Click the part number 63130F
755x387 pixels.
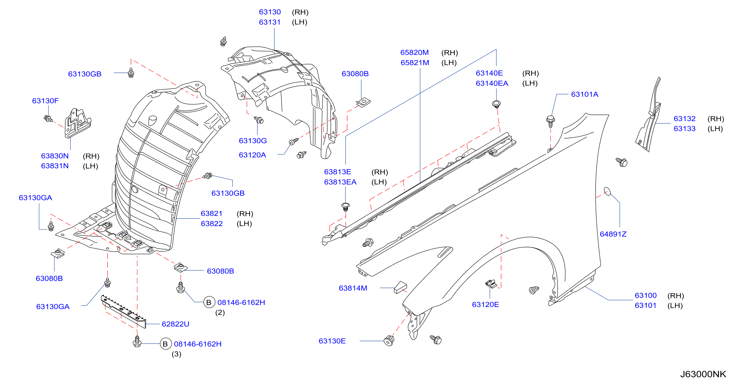[x=45, y=101]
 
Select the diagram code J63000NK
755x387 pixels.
[x=703, y=374]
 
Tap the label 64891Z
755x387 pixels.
[x=613, y=234]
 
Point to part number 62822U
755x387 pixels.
[x=175, y=324]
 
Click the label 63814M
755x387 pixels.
[x=353, y=288]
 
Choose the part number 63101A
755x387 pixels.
[x=584, y=94]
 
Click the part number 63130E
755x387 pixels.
[x=332, y=341]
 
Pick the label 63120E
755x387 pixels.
[x=485, y=305]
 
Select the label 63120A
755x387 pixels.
[x=252, y=155]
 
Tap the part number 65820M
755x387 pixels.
[x=414, y=52]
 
